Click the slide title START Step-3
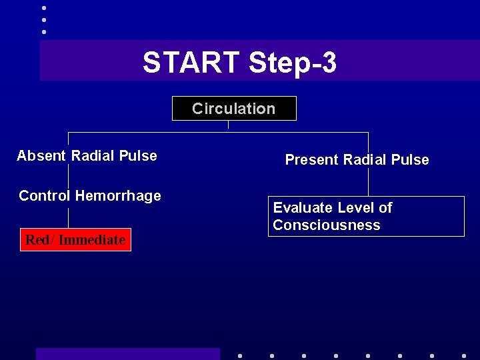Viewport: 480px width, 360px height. pos(239,63)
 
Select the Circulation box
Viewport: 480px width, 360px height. pos(234,109)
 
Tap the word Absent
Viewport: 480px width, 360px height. pos(41,156)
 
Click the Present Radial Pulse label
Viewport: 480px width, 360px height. pos(357,160)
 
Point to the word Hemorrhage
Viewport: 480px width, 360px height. pos(118,196)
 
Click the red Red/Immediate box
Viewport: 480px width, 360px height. pos(75,240)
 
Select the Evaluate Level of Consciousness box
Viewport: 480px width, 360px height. pos(366,217)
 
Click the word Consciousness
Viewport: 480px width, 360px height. pos(326,225)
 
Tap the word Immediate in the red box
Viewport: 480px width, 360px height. pos(91,240)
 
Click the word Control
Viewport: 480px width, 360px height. pos(45,196)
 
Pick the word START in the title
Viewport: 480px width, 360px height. pos(191,63)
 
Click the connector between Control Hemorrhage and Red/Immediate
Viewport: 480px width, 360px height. pos(69,217)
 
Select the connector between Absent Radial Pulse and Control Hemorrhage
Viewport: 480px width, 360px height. pos(69,175)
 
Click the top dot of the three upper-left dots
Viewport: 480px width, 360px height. pos(44,8)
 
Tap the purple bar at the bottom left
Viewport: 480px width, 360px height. pos(127,353)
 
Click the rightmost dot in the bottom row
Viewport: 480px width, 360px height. pos(464,355)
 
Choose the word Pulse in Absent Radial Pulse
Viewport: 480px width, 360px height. pos(139,156)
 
